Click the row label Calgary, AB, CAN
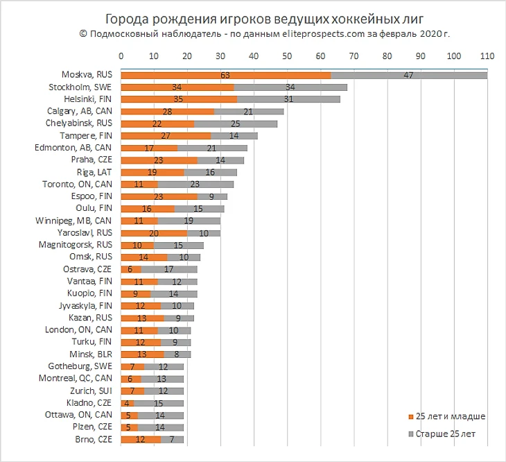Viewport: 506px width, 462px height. pyautogui.click(x=81, y=112)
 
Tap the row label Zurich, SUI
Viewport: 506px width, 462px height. pyautogui.click(x=93, y=391)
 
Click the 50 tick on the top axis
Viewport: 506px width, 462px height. pyautogui.click(x=287, y=56)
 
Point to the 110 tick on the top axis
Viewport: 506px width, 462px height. pyautogui.click(x=487, y=56)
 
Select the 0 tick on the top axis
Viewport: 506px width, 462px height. pyautogui.click(x=121, y=56)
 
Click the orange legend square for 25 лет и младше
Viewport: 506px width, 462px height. pyautogui.click(x=410, y=417)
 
